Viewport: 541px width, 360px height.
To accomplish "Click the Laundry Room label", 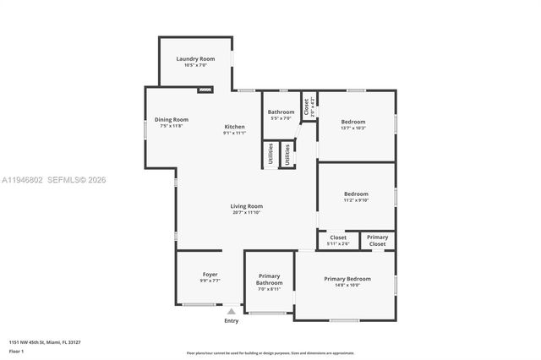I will point(194,59).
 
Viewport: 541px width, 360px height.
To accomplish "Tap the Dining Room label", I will point(171,120).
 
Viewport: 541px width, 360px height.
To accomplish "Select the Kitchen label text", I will point(234,127).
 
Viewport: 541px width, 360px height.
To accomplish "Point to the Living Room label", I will point(247,206).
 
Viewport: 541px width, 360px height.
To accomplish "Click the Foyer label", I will point(210,275).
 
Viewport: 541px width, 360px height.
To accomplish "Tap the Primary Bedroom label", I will point(348,279).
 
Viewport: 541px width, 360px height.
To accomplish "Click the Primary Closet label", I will point(378,241).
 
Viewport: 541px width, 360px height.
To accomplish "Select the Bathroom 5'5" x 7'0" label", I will point(281,112).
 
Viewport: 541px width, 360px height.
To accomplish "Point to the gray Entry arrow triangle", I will point(231,312).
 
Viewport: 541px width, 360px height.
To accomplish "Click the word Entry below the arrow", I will point(231,321).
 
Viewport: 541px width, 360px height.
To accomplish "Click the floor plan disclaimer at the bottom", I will point(270,352).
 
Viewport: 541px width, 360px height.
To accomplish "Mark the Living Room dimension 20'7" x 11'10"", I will point(247,213).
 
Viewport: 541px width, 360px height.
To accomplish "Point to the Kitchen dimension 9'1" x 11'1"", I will point(234,133).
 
